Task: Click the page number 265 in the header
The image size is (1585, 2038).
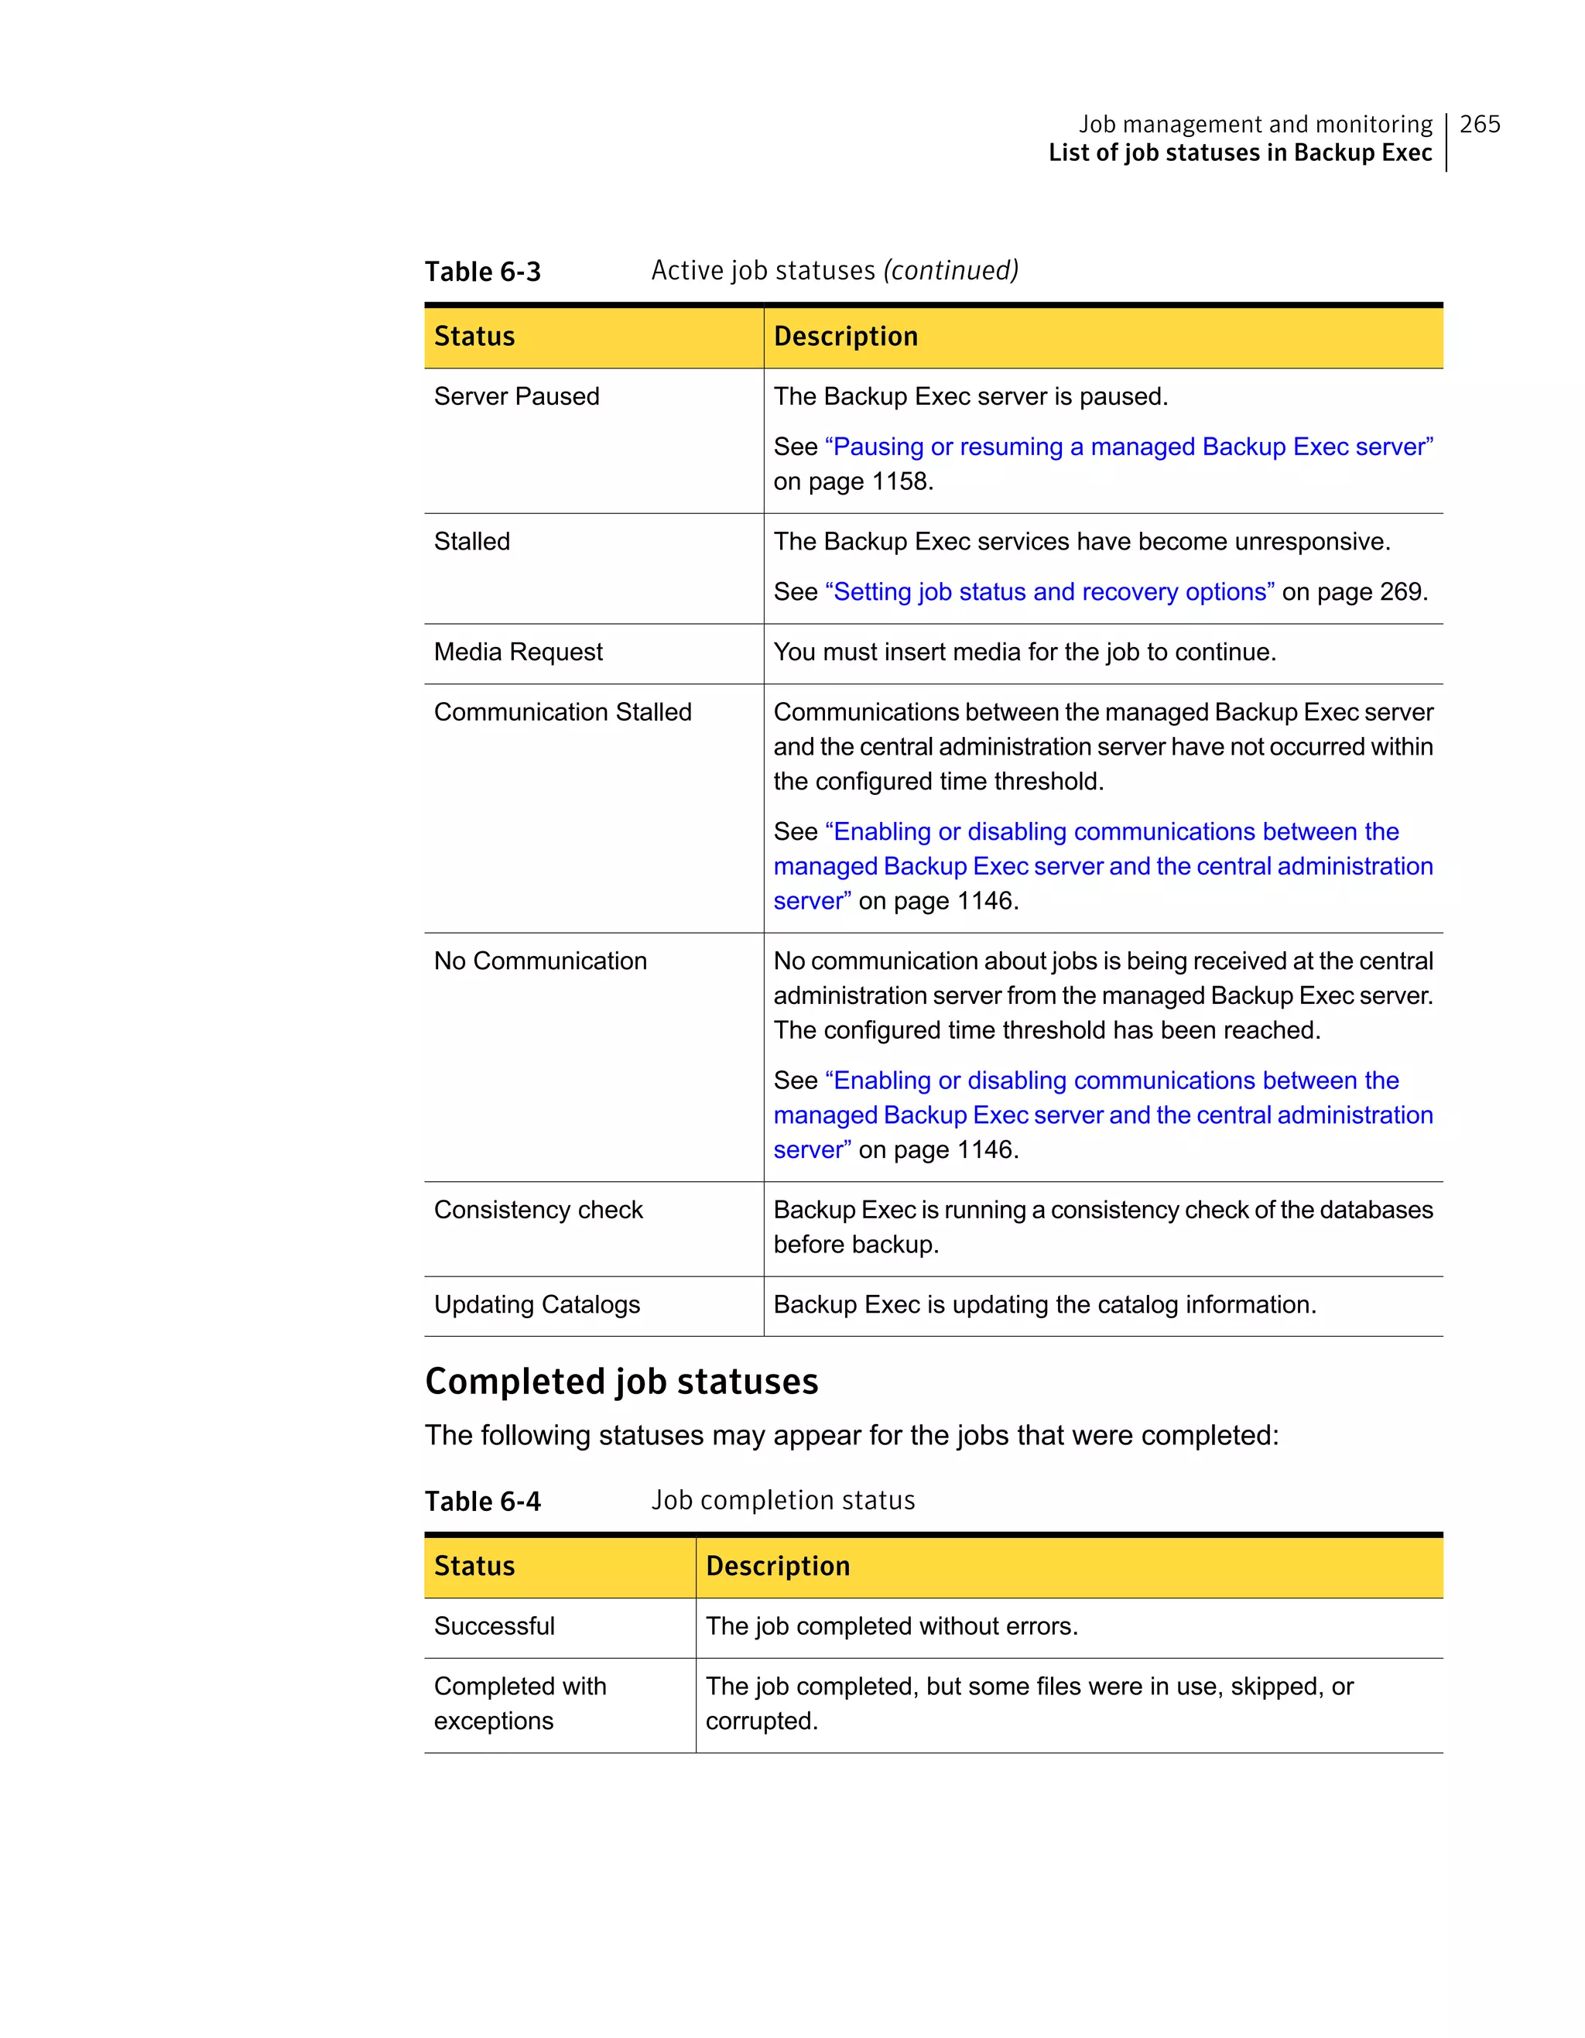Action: pos(1479,124)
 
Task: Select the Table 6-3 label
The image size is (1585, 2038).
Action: pos(482,272)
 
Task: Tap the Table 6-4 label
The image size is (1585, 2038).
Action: pos(482,1502)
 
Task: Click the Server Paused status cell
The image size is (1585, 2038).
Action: pos(517,396)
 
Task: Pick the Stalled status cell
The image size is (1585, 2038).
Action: pos(472,541)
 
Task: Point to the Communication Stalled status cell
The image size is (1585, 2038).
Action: pos(563,712)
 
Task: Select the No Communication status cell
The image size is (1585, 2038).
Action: pos(540,961)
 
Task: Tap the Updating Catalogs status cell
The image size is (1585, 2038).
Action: pos(536,1304)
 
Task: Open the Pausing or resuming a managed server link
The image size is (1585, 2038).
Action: pos(1129,447)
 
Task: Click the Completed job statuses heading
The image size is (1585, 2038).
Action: pos(621,1381)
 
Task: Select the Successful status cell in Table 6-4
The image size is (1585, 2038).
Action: pos(495,1625)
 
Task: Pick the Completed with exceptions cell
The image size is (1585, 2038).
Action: pos(519,1703)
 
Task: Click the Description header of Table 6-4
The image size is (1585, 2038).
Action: pos(777,1566)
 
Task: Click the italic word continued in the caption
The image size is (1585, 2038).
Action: pos(950,271)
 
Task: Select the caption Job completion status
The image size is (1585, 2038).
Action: pos(782,1501)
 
